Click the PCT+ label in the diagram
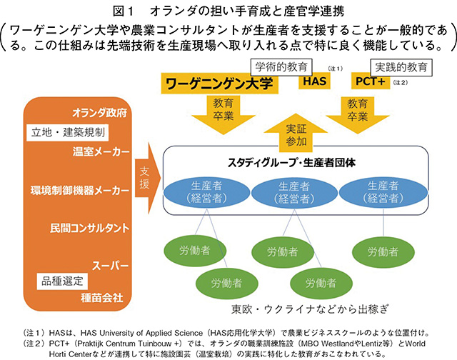[x=371, y=84]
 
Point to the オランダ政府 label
[x=100, y=113]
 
